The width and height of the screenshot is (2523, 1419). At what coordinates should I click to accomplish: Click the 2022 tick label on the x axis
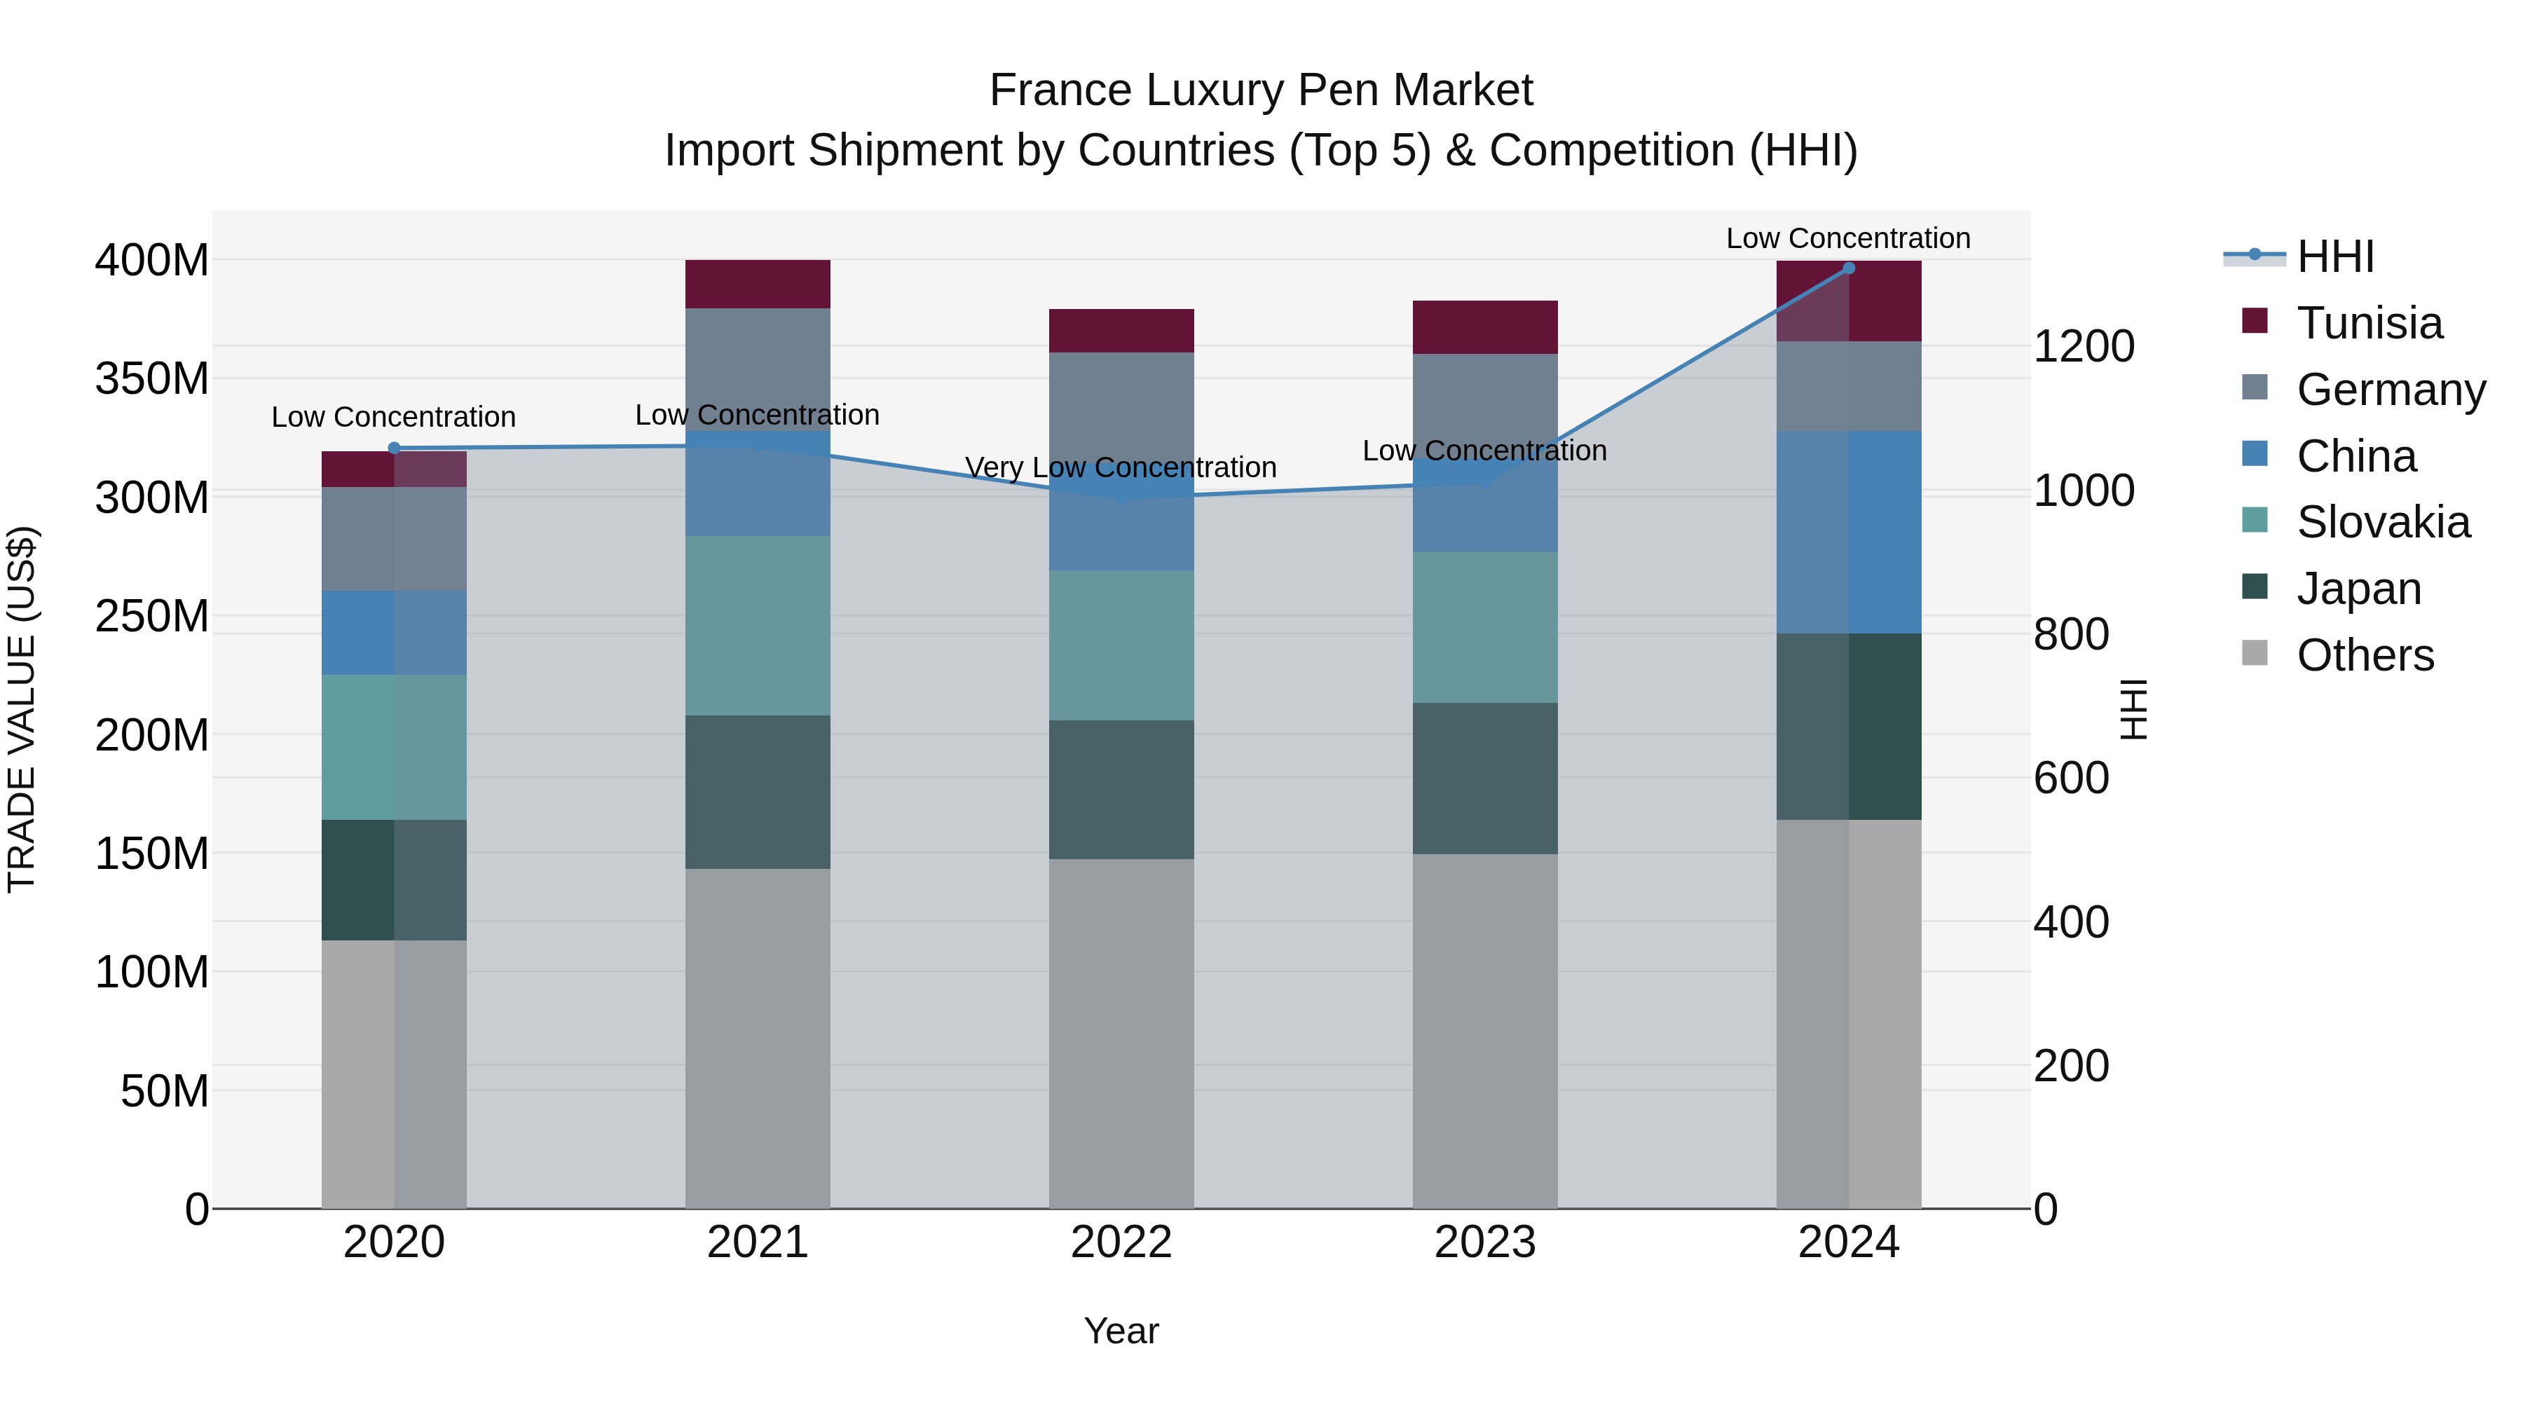click(1121, 1242)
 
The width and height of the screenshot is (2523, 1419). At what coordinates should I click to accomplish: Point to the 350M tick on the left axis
click(152, 378)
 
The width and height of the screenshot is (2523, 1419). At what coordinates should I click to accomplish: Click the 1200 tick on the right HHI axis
click(2084, 347)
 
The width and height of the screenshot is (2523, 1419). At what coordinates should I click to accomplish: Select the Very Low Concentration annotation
click(1121, 467)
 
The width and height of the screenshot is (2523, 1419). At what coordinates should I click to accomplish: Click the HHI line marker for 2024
click(1848, 268)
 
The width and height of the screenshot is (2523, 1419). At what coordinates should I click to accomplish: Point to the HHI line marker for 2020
click(394, 448)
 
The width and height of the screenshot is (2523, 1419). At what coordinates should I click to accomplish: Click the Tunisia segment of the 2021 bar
click(757, 284)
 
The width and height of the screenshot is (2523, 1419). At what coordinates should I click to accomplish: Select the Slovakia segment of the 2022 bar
click(1121, 645)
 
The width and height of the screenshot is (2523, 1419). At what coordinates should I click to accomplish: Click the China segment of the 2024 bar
click(1848, 532)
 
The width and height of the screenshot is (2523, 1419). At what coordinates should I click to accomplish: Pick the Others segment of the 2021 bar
click(757, 1038)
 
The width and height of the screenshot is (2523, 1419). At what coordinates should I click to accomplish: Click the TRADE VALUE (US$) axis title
click(22, 709)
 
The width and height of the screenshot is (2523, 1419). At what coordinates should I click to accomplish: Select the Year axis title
click(1121, 1331)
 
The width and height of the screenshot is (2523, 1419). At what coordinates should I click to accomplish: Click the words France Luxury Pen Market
click(1261, 90)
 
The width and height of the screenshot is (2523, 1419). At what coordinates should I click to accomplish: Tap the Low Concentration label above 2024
click(1847, 238)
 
